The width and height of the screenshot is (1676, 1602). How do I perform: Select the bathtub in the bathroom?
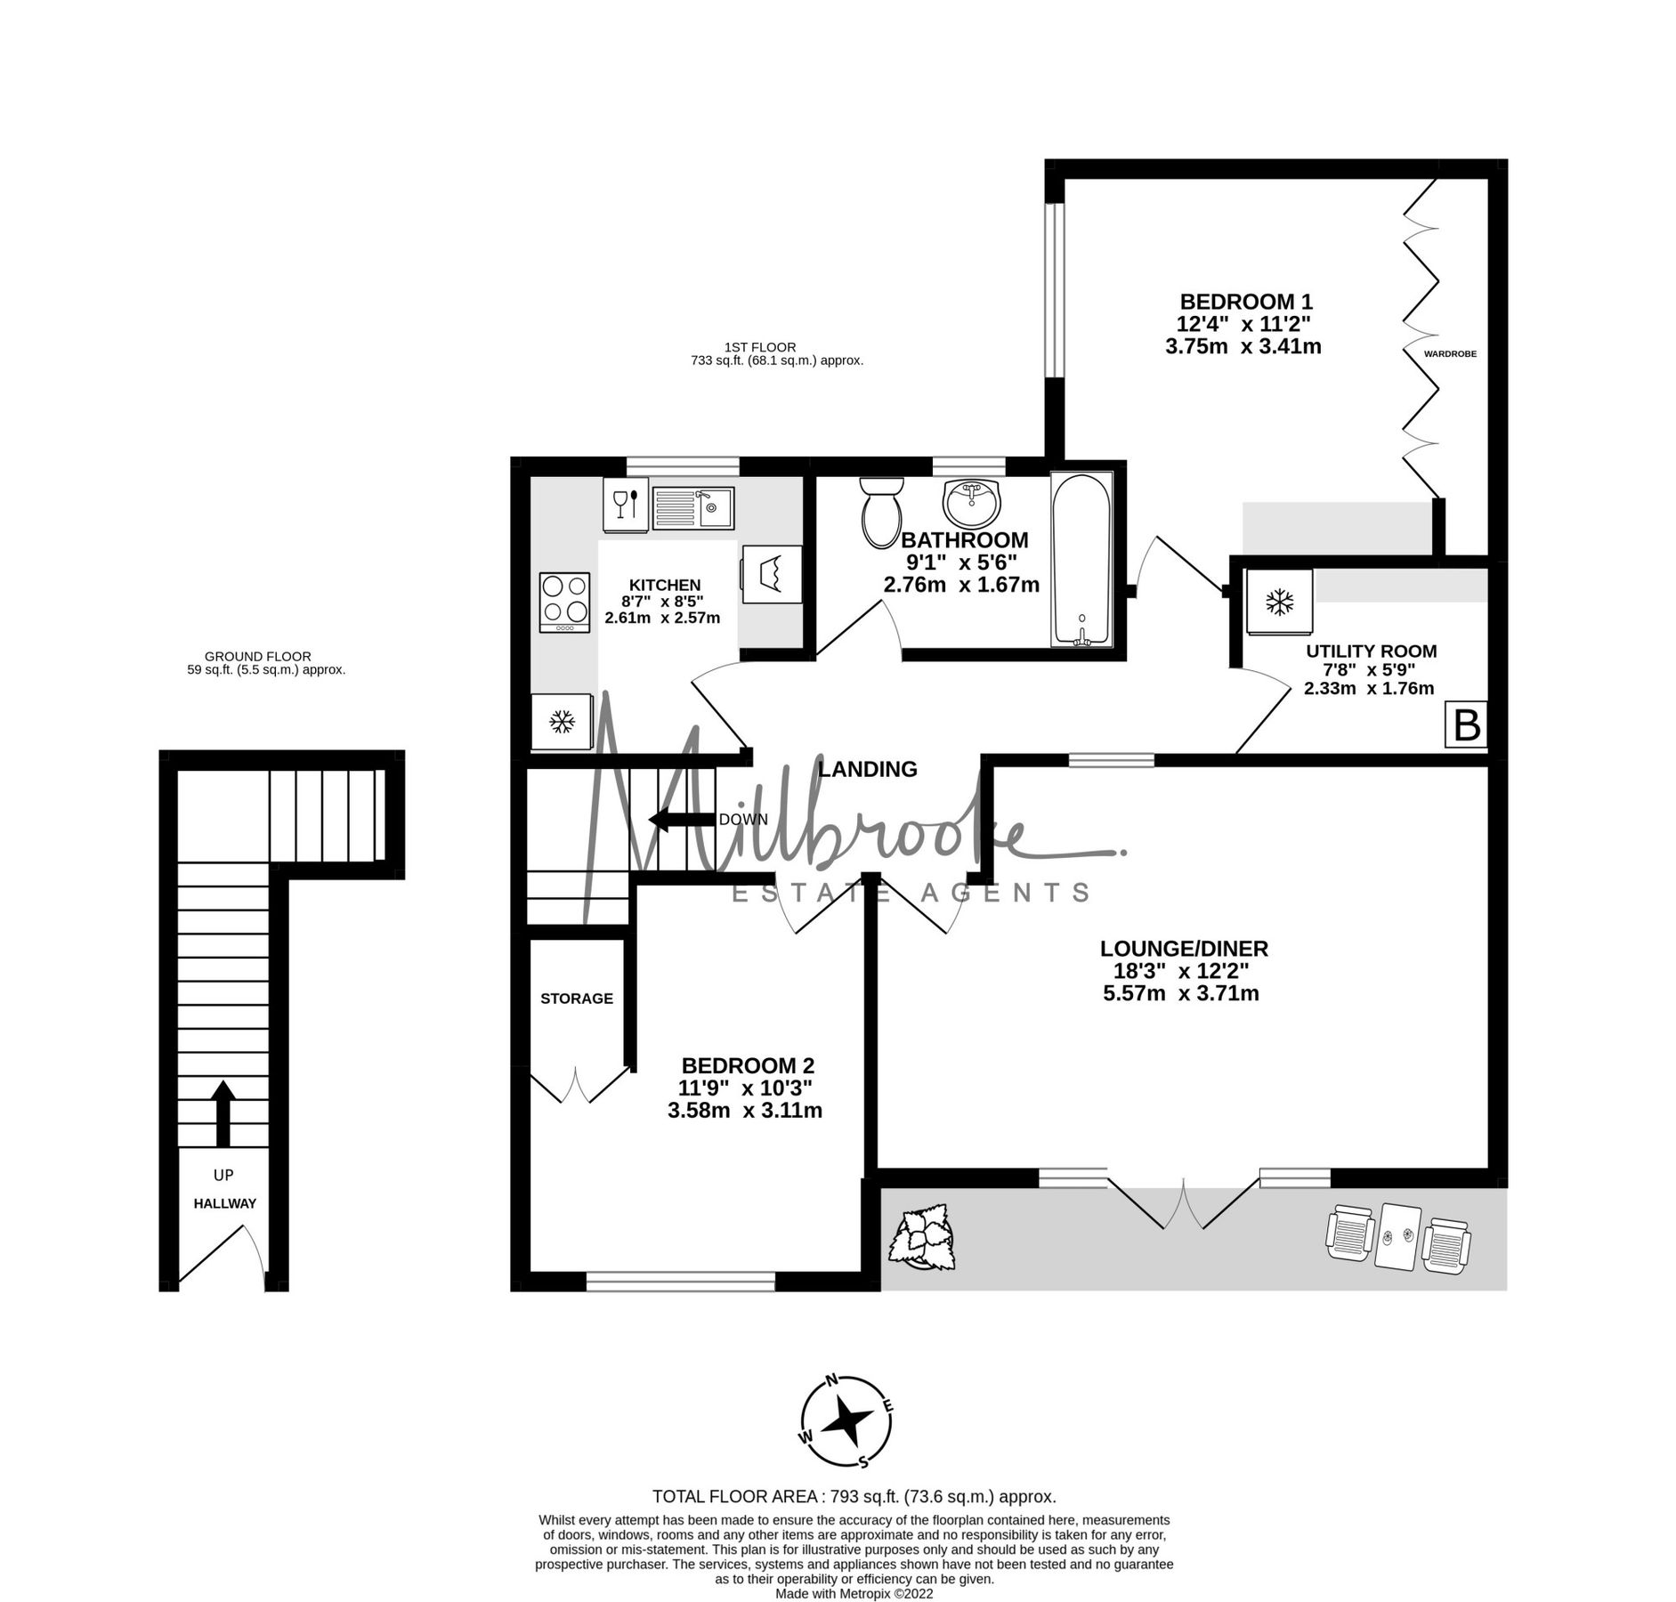point(1081,559)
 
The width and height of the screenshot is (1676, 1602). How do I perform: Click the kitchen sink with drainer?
point(692,508)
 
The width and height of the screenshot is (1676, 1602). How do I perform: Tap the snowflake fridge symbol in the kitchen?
point(562,721)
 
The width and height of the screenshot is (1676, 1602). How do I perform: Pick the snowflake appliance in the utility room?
point(1279,603)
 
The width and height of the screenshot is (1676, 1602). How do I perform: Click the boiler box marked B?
point(1466,725)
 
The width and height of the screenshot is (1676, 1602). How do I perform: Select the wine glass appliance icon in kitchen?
point(626,505)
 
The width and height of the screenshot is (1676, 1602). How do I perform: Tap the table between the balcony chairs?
point(1394,1236)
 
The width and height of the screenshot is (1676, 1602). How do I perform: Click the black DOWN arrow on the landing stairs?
point(683,820)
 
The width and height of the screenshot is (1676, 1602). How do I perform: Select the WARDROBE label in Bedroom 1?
point(1450,353)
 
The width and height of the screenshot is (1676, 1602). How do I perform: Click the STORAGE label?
point(577,999)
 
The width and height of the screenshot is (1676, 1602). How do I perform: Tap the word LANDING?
point(868,769)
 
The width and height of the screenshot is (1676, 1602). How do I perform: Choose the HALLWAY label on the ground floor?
point(225,1203)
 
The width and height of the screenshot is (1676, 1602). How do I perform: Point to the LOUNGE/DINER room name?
point(1184,949)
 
